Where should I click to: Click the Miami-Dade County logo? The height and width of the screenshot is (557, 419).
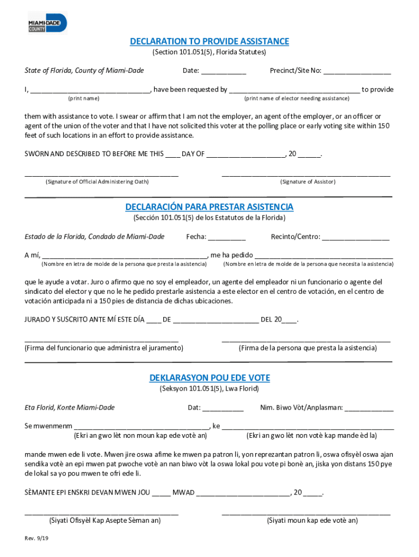point(47,23)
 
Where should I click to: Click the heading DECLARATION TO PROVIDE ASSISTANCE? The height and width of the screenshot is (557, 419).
point(209,42)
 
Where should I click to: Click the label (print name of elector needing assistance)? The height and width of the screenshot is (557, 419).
point(297,98)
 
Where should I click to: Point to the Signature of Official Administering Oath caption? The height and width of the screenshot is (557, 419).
point(97,182)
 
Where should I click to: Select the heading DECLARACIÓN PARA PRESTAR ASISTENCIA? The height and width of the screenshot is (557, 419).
point(209,207)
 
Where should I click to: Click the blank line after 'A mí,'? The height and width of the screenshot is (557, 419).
point(125,256)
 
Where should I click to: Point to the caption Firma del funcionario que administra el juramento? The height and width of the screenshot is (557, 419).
point(104,348)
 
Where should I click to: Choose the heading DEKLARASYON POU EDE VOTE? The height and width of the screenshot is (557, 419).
point(209,378)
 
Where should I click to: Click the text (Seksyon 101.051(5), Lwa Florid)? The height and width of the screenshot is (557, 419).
point(209,389)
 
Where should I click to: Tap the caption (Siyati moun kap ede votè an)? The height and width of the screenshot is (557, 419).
point(312,521)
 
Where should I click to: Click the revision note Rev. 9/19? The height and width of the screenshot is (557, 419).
point(36,539)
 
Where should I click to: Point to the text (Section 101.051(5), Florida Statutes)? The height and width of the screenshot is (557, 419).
point(209,53)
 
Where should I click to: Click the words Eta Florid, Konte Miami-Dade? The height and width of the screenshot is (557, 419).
point(70,407)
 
